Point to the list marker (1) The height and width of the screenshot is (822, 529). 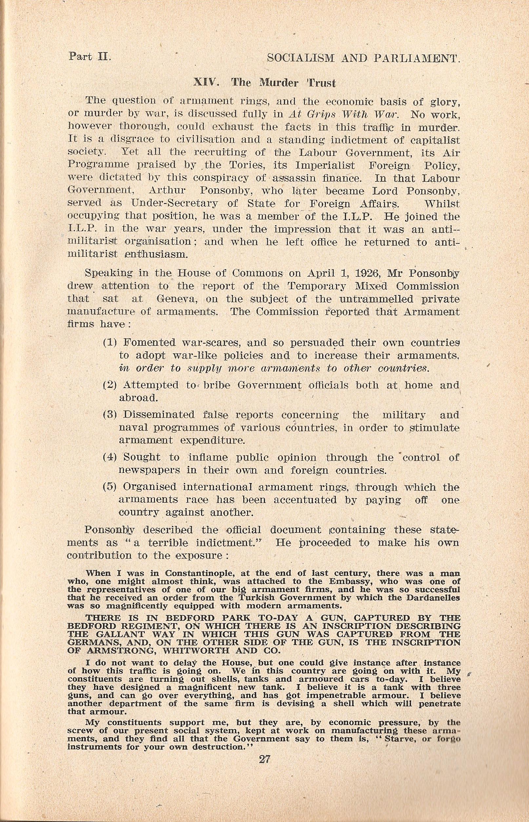point(110,343)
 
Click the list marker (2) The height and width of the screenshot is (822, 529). point(110,385)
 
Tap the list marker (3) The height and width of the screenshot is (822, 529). point(110,415)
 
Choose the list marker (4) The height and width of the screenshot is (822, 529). point(110,457)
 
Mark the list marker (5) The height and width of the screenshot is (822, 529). point(110,487)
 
